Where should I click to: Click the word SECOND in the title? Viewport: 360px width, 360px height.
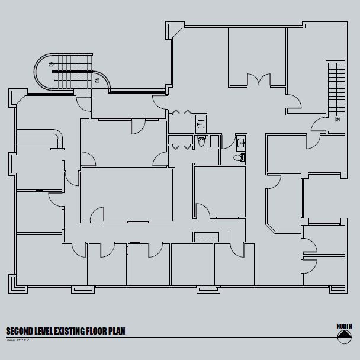[22, 332]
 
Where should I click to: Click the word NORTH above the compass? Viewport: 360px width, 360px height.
[344, 327]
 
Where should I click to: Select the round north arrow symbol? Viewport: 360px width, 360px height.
[344, 337]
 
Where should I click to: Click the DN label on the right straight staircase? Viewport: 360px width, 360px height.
[337, 120]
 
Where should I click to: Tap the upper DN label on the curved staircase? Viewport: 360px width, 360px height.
[52, 63]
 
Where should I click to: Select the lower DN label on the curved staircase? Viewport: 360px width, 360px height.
[98, 79]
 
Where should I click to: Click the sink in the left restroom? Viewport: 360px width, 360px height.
[201, 124]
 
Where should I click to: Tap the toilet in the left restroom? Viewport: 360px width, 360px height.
[201, 142]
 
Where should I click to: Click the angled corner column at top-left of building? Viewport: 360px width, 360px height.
[16, 97]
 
